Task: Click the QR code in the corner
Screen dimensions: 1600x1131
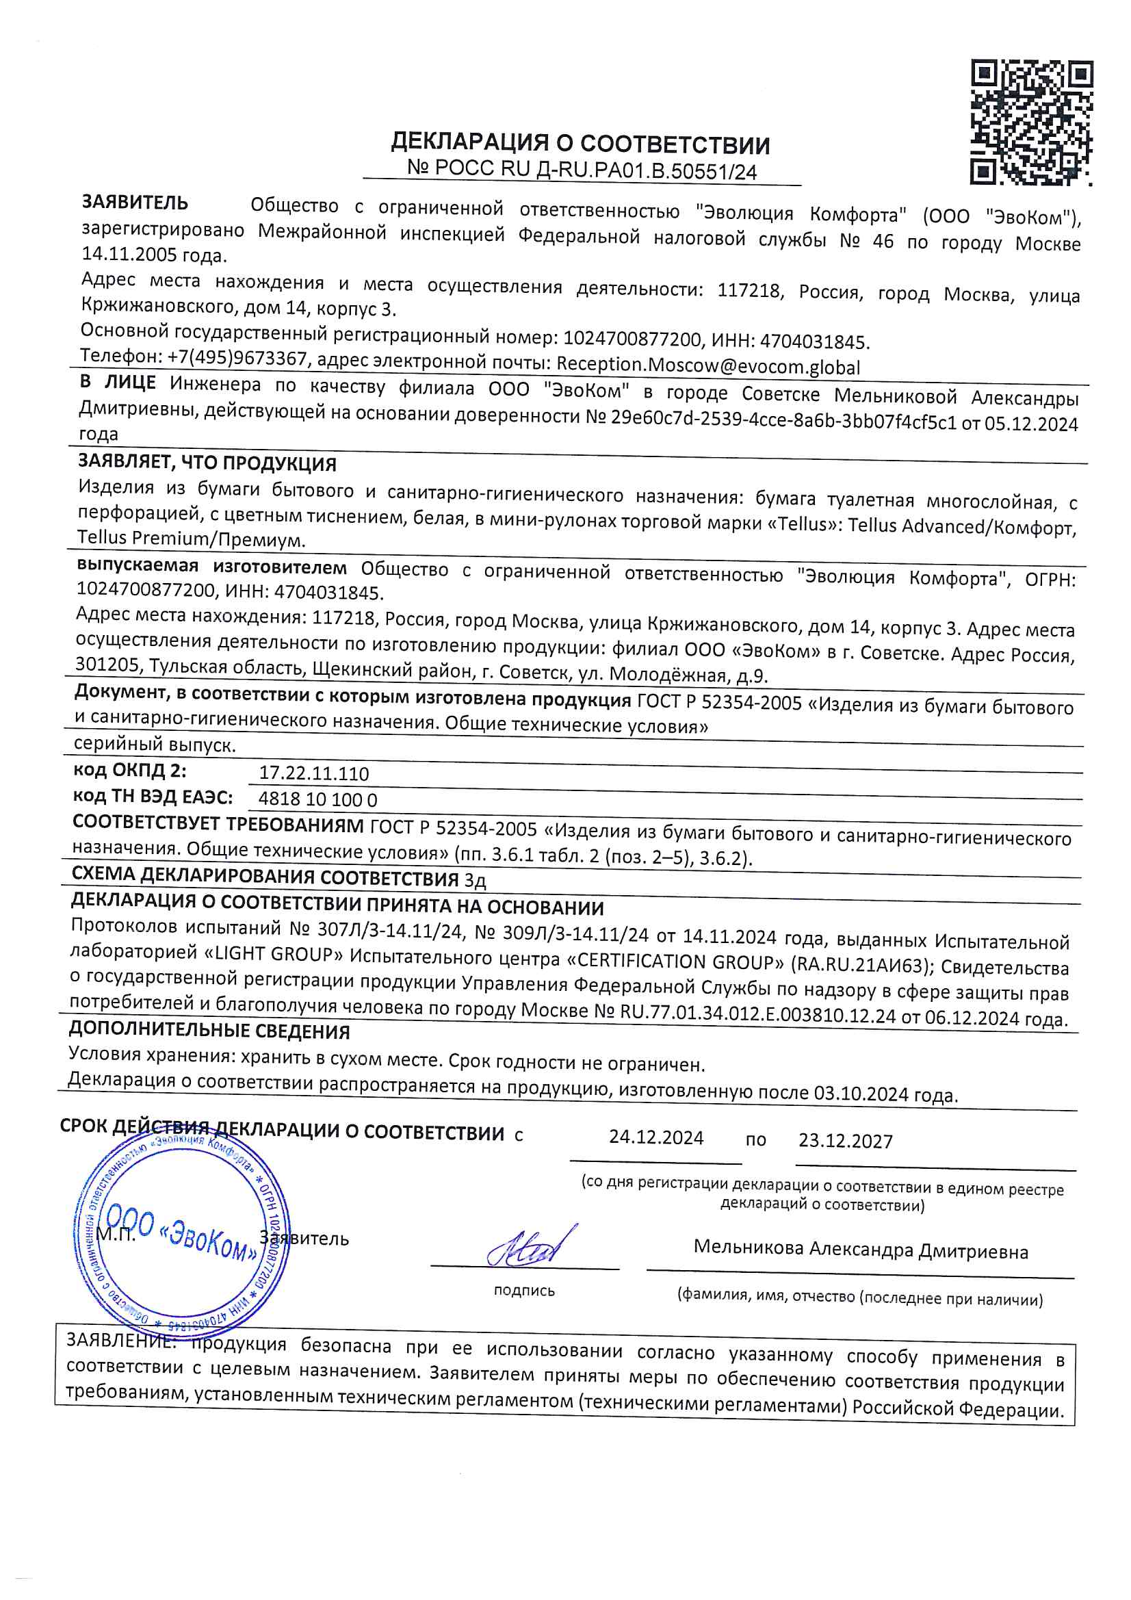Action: click(x=1031, y=122)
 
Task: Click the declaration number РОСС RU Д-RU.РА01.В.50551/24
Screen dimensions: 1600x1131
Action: click(x=582, y=169)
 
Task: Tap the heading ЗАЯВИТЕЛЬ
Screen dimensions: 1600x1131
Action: click(x=135, y=202)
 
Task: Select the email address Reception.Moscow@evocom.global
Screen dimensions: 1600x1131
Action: click(x=708, y=366)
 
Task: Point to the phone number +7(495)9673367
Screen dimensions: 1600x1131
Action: click(x=237, y=357)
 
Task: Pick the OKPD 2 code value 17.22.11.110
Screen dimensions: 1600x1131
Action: click(x=313, y=773)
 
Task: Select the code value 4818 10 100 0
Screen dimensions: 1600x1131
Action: click(x=317, y=799)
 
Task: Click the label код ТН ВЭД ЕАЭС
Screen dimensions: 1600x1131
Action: click(x=153, y=796)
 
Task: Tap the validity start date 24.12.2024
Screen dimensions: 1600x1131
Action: click(x=655, y=1138)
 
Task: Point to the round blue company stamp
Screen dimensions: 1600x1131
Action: click(x=181, y=1231)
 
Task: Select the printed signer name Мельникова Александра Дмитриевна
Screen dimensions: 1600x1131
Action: click(x=861, y=1250)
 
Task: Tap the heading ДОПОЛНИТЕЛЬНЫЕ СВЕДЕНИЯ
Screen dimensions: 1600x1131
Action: click(x=209, y=1031)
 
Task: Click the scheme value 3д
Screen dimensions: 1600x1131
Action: click(x=475, y=881)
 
